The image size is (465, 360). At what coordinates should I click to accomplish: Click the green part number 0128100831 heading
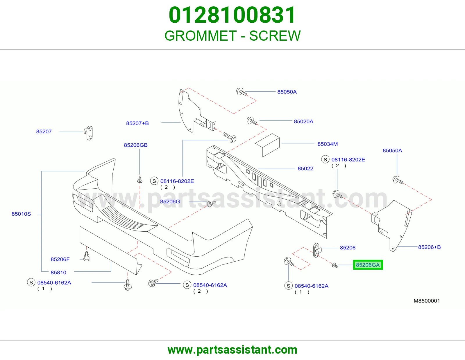pyautogui.click(x=232, y=15)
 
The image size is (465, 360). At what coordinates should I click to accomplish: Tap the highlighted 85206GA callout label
pyautogui.click(x=368, y=265)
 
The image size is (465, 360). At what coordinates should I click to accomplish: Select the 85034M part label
pyautogui.click(x=328, y=144)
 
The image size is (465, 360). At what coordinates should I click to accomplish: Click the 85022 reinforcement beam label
pyautogui.click(x=305, y=168)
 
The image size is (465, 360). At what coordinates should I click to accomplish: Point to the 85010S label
pyautogui.click(x=21, y=214)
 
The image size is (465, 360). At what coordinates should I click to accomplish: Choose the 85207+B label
pyautogui.click(x=137, y=123)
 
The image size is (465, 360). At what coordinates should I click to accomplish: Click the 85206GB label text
pyautogui.click(x=136, y=145)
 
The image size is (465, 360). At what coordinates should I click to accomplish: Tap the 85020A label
pyautogui.click(x=303, y=121)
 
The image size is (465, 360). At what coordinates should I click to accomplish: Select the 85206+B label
pyautogui.click(x=429, y=247)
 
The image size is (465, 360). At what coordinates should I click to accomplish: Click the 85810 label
pyautogui.click(x=58, y=273)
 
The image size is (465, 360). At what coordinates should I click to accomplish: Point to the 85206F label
pyautogui.click(x=60, y=259)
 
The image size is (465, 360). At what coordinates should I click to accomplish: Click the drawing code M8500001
pyautogui.click(x=427, y=301)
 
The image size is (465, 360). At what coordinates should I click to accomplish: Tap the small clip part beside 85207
pyautogui.click(x=89, y=133)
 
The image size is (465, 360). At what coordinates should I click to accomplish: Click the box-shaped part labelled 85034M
pyautogui.click(x=268, y=145)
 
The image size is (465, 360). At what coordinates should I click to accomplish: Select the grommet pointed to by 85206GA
pyautogui.click(x=335, y=266)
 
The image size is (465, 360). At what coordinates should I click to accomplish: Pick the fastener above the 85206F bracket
pyautogui.click(x=86, y=256)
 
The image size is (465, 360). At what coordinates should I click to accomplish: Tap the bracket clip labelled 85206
pyautogui.click(x=317, y=250)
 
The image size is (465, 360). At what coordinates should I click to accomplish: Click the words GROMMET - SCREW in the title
pyautogui.click(x=233, y=36)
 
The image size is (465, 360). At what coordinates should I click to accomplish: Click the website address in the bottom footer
pyautogui.click(x=233, y=350)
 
